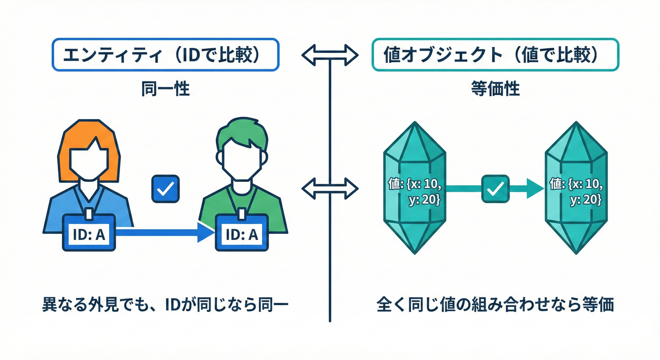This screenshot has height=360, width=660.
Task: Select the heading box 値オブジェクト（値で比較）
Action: pyautogui.click(x=495, y=55)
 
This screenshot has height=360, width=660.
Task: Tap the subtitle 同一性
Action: pyautogui.click(x=165, y=89)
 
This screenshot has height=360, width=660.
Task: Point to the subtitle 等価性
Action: pyautogui.click(x=495, y=89)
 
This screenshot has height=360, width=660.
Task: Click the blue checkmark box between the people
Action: pyautogui.click(x=165, y=189)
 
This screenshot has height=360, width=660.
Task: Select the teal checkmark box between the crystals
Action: pyautogui.click(x=495, y=189)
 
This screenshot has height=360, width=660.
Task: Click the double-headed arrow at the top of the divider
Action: pyautogui.click(x=330, y=55)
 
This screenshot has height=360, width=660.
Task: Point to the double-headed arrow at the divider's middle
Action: pyautogui.click(x=330, y=188)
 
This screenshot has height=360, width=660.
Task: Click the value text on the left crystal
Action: pyautogui.click(x=415, y=191)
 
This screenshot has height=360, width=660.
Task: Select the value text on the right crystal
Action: pyautogui.click(x=576, y=191)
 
